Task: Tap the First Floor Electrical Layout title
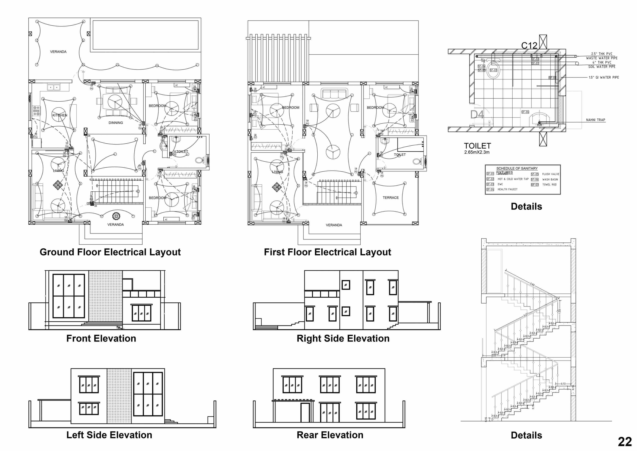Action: click(x=327, y=252)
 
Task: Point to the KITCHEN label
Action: click(x=60, y=115)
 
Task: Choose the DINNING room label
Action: click(x=116, y=123)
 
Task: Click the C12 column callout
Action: click(x=529, y=45)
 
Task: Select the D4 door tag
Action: click(x=477, y=114)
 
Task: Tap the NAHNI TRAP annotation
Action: click(x=595, y=120)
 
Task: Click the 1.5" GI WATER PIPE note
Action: click(x=604, y=77)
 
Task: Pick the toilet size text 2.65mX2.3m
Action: click(x=477, y=152)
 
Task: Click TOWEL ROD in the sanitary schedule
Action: click(x=549, y=184)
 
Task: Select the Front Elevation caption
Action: click(x=101, y=338)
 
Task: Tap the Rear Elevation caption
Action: click(x=330, y=435)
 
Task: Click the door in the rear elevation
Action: click(x=305, y=412)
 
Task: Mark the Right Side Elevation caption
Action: click(x=343, y=338)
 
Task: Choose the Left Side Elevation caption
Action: click(x=109, y=435)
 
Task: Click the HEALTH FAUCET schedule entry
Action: click(x=507, y=189)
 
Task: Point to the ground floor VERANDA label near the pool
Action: click(x=58, y=52)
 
